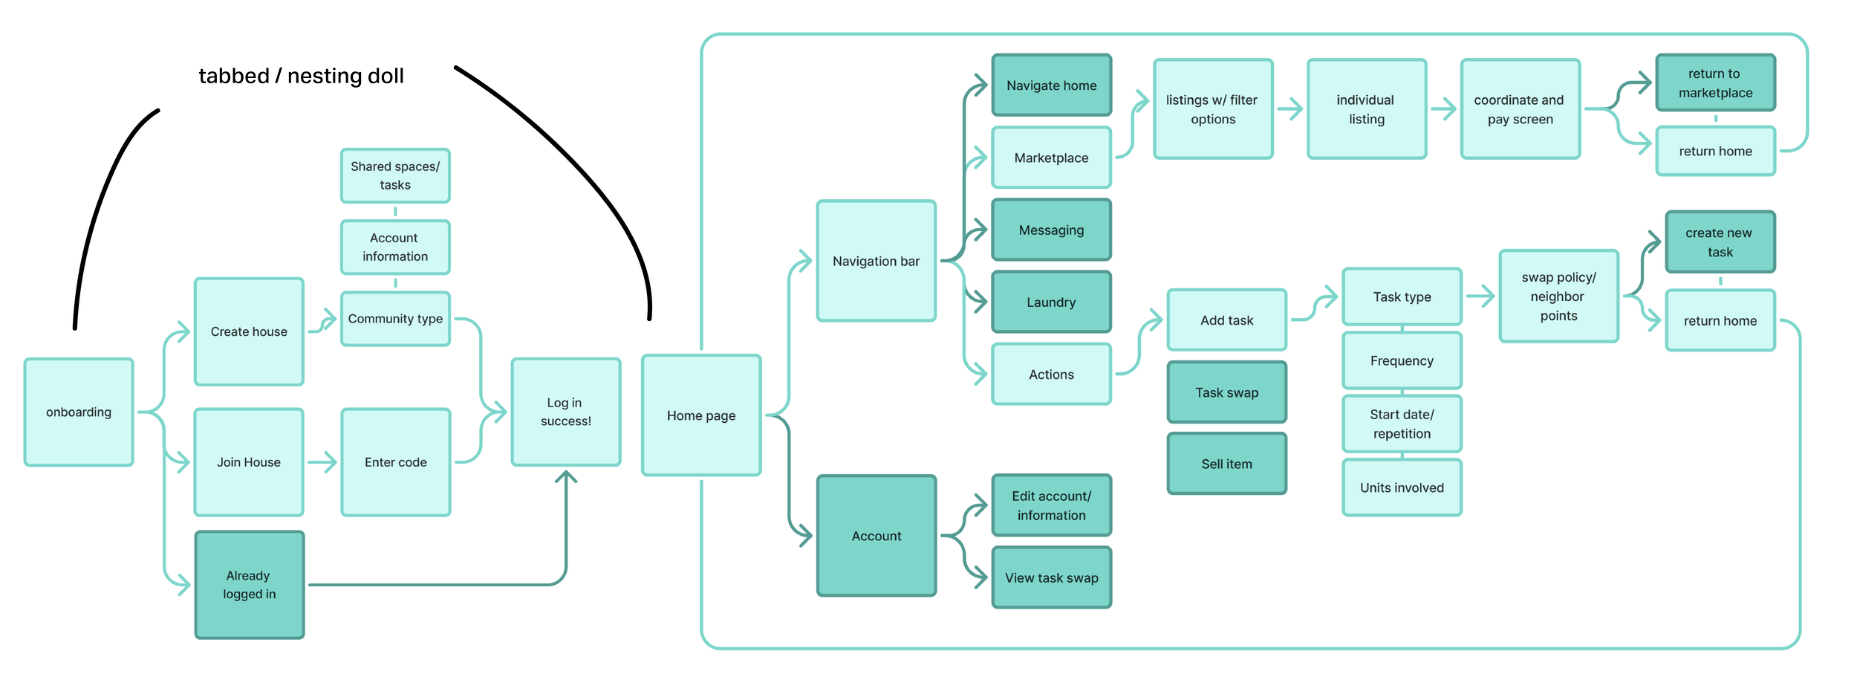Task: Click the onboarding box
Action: [79, 412]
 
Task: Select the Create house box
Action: [249, 331]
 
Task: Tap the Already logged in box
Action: [250, 585]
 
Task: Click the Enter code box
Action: [395, 462]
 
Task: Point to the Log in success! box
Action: [566, 412]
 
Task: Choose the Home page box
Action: [701, 415]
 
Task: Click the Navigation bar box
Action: [877, 261]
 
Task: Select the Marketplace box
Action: [1051, 158]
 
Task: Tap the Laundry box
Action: [1051, 302]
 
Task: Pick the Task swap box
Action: [1226, 392]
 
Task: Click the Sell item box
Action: [1226, 464]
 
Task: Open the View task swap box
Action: [1051, 577]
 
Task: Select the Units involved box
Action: [1402, 487]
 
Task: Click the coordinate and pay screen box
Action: [1520, 109]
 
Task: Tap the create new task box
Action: [1720, 242]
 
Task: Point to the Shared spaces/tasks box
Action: [395, 175]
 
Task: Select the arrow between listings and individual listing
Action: [1290, 109]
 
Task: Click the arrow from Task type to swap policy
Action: [1480, 297]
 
